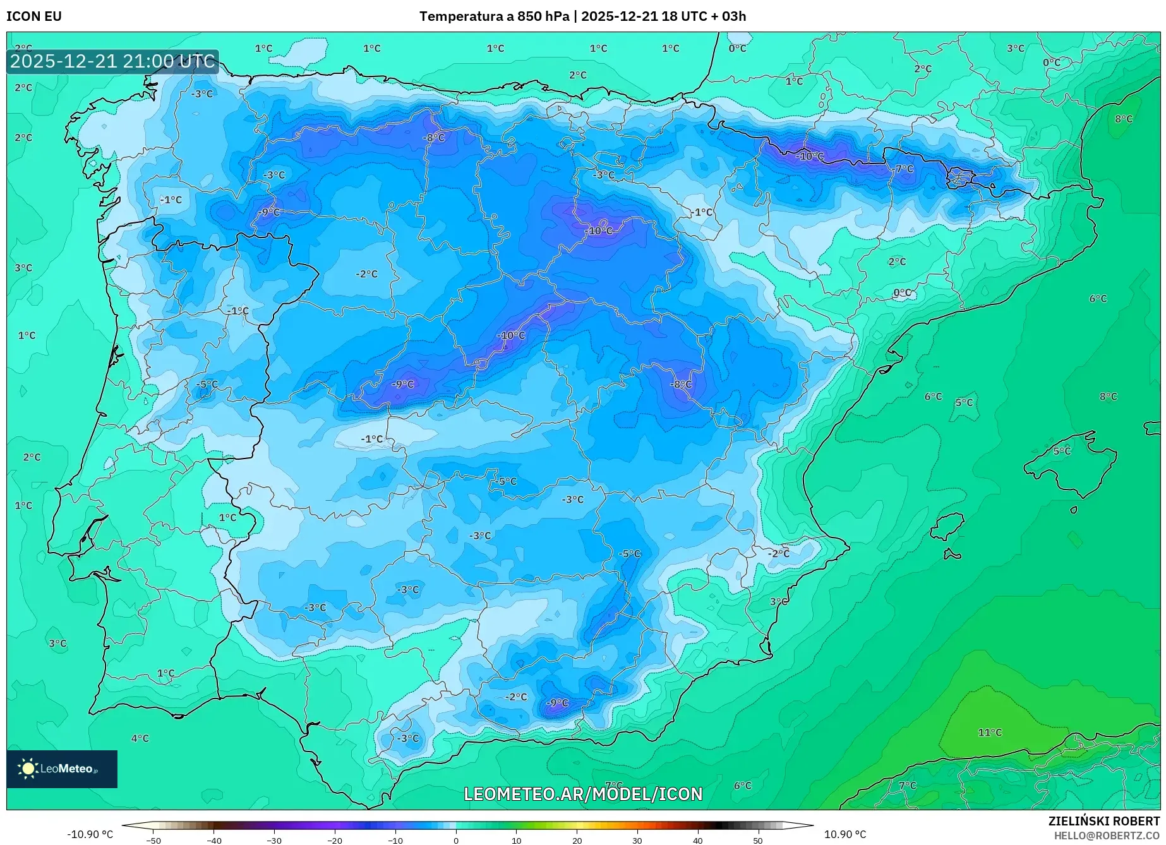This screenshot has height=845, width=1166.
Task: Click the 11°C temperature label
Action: [x=990, y=733]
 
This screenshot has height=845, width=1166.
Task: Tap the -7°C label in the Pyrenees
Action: [x=904, y=169]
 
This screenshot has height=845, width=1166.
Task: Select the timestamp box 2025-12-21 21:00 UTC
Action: [x=112, y=61]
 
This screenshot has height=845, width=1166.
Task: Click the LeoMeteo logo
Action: [x=61, y=769]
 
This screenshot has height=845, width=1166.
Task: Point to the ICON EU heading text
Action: [x=34, y=16]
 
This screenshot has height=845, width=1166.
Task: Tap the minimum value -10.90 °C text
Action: [x=90, y=834]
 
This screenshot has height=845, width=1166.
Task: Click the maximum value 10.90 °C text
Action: [x=845, y=834]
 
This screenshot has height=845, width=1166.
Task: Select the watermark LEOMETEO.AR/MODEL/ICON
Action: [x=582, y=794]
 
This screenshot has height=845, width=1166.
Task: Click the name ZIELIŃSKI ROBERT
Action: [x=1103, y=822]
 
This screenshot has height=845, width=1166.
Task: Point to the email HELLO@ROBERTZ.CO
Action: [x=1107, y=836]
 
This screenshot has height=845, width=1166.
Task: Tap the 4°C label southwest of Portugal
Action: [x=140, y=738]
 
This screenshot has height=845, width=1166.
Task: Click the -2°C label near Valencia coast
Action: [x=778, y=553]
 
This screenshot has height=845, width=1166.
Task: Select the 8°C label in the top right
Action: [x=1123, y=119]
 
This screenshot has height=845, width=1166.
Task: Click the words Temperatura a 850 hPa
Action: [x=495, y=16]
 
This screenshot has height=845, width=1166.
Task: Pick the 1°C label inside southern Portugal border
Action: [x=165, y=673]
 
